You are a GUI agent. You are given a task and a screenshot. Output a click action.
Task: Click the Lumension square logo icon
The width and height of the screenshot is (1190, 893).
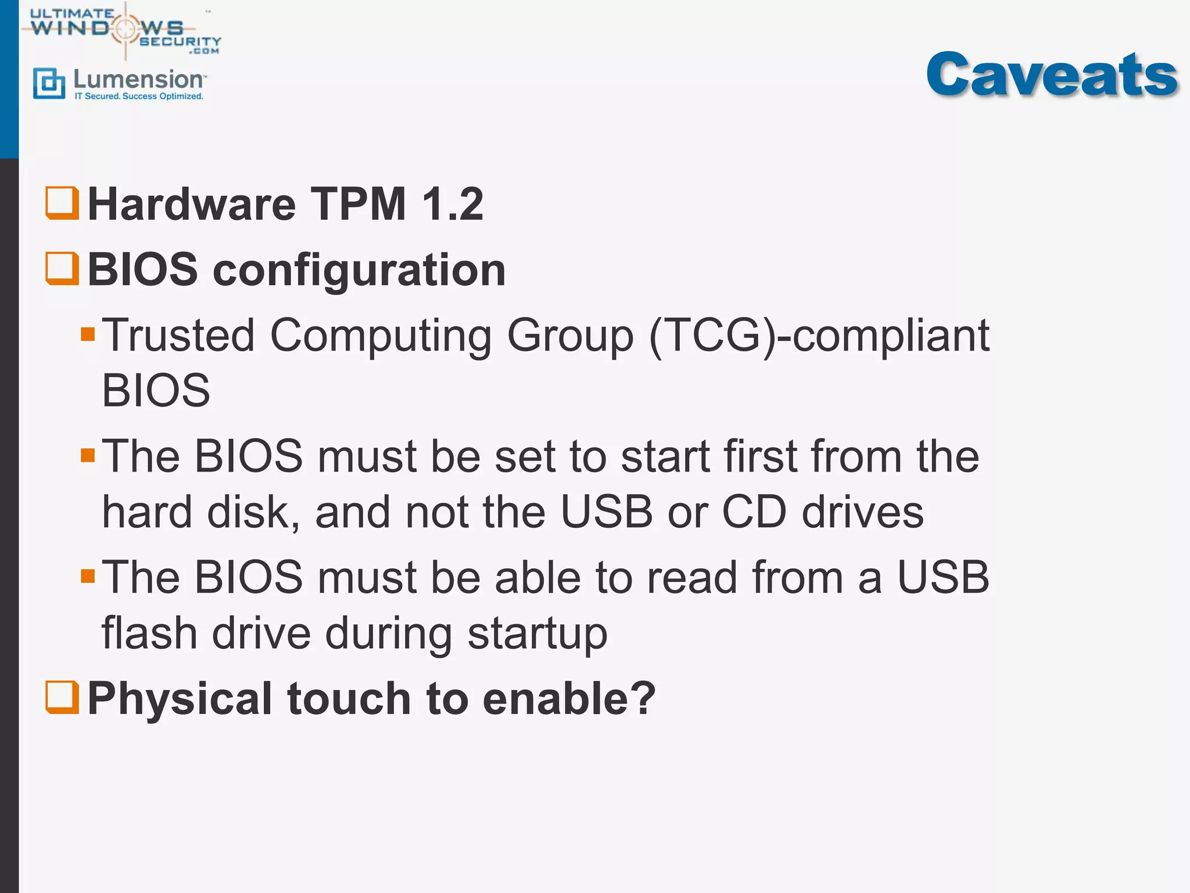click(x=49, y=83)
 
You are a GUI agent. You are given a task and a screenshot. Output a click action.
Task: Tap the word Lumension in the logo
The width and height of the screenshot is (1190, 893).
click(x=138, y=80)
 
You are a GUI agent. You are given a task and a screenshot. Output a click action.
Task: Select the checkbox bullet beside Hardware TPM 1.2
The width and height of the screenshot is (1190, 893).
click(x=62, y=203)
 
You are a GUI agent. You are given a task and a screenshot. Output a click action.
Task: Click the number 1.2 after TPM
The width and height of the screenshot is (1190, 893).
click(x=453, y=204)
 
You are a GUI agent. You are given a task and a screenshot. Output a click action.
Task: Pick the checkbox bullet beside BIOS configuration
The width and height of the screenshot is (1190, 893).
click(x=62, y=268)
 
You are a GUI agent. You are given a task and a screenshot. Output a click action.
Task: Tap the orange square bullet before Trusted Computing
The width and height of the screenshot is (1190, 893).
click(x=88, y=334)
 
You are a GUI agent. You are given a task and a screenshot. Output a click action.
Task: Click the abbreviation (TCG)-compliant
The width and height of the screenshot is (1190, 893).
click(x=819, y=335)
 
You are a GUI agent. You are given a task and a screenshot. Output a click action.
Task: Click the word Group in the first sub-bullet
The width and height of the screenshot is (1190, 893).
click(x=570, y=337)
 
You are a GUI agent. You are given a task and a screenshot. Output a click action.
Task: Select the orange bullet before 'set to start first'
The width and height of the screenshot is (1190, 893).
click(x=88, y=455)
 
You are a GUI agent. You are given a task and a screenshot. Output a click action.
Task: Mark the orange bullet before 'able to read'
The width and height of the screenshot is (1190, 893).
click(x=88, y=576)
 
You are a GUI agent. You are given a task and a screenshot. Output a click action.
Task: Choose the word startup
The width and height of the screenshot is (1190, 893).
click(x=537, y=634)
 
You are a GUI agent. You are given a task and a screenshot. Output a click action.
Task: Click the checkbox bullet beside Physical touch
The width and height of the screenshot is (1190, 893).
click(x=62, y=697)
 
